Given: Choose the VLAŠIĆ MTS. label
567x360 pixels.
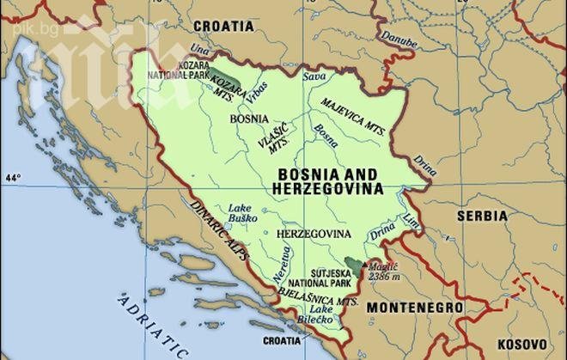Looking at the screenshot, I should point(277,139).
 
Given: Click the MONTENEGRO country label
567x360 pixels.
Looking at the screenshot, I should point(414,307).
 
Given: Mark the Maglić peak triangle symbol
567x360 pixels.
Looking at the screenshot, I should point(364,265).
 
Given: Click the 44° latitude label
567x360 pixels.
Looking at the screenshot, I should point(12,178).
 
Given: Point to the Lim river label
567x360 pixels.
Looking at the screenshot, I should point(412,220).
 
